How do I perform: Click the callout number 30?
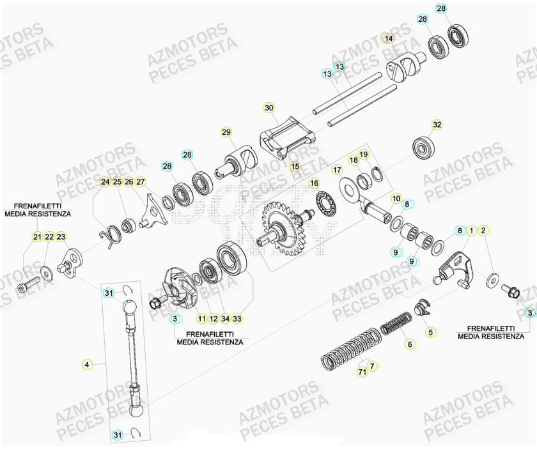point(268,107)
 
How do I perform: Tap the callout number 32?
point(437,125)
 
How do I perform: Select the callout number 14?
point(389,39)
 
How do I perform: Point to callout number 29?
point(226,132)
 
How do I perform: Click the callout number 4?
point(87,365)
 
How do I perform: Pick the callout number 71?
point(362,372)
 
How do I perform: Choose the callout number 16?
point(314,183)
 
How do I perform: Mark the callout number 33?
point(238,318)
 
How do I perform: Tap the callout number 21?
point(37,238)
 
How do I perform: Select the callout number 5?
point(430,332)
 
